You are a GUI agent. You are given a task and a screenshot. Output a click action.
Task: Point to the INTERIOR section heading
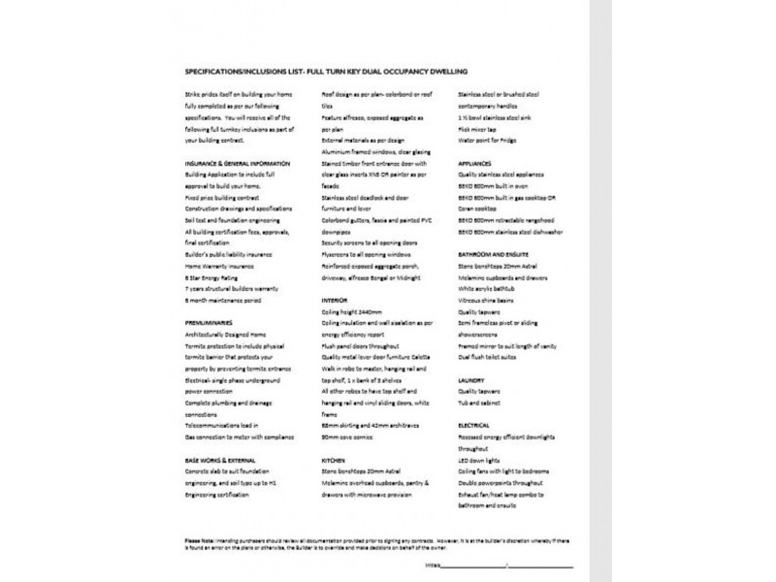pos(334,300)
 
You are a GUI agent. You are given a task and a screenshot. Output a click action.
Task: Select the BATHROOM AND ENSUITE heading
pos(496,254)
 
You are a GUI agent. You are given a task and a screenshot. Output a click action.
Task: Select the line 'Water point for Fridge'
pos(493,140)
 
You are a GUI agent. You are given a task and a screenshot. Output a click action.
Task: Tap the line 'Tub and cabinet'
pos(481,403)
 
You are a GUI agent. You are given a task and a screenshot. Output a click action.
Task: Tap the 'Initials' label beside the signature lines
pos(433,563)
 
